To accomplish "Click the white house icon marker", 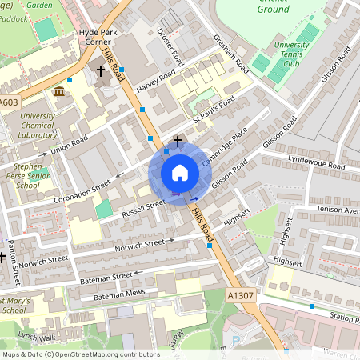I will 180,173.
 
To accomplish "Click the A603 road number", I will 9,102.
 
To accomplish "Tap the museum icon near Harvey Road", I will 59,92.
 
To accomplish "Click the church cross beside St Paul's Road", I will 177,140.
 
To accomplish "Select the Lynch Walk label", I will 38,338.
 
